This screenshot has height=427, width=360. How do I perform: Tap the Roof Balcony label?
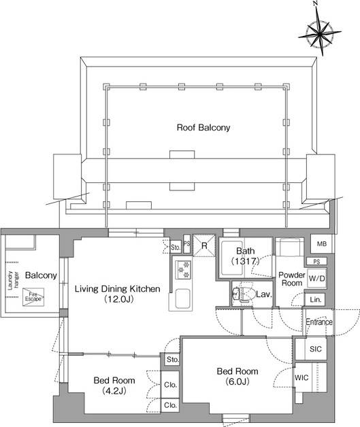pos(203,127)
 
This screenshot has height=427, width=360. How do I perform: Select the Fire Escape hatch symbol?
pos(33,297)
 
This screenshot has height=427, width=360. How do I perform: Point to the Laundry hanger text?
pos(13,280)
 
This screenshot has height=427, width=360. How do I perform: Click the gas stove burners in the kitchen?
pos(183,270)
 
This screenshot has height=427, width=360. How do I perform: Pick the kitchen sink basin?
pos(182,298)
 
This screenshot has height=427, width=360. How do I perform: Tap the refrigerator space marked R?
pos(204,245)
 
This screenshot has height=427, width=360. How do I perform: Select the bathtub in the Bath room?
pos(231,258)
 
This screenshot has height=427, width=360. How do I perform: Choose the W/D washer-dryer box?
pos(317,278)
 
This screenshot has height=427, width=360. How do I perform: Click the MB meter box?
pos(322,243)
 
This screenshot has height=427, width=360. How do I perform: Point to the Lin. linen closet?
pos(315,300)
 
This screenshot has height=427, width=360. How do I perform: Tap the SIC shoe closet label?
pos(316,349)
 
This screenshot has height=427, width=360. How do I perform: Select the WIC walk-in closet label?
pos(301,378)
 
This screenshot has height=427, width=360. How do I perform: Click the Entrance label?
pos(319,322)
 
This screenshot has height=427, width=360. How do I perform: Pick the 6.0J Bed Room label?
pos(238,377)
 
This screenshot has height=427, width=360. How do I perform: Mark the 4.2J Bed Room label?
pos(114,386)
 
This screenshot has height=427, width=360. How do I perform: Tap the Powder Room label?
pos(292,279)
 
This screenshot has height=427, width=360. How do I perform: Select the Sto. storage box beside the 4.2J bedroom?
pos(172,360)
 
